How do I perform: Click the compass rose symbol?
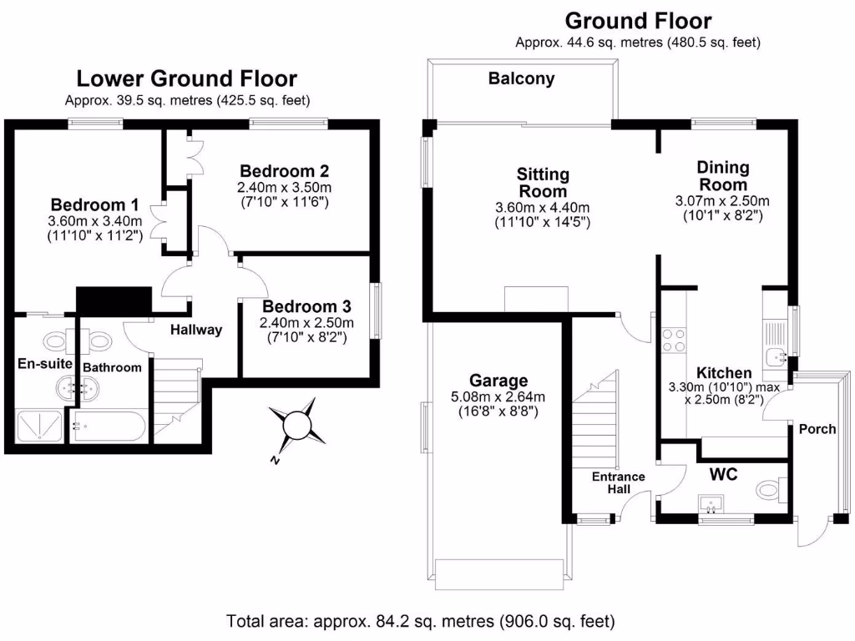pos(297,426)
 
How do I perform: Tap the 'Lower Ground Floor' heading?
pos(186,79)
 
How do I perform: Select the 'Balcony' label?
pos(521,79)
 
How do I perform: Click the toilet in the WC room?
pos(769,487)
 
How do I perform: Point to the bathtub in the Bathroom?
pos(109,426)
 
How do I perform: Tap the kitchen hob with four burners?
pos(674,339)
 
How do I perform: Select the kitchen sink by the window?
pos(777,351)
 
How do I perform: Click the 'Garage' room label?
pos(498,381)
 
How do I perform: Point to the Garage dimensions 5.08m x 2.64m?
pos(498,403)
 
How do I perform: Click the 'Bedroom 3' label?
pos(306,306)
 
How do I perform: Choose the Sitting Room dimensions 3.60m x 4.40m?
pos(543,215)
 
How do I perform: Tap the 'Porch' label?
pos(817,429)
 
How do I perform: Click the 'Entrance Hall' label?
pos(619,482)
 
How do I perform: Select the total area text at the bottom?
pos(421,622)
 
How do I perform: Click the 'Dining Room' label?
pos(722,176)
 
